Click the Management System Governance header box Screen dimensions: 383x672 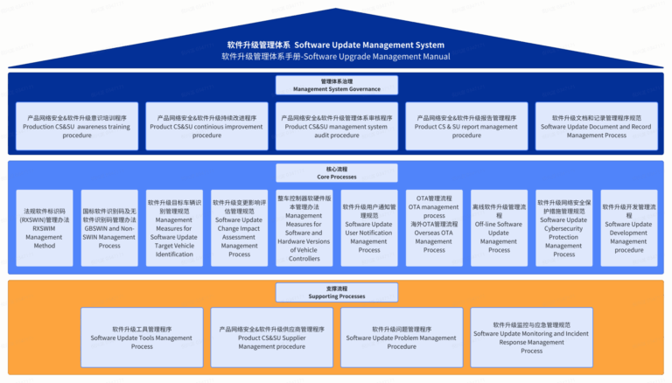tap(336, 85)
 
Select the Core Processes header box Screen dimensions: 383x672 tap(336, 172)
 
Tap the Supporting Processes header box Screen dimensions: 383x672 tap(336, 291)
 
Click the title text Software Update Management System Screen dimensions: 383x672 tap(336, 45)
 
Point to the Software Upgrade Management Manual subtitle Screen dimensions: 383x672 tap(336, 57)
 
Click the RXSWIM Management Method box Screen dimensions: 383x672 tap(45, 228)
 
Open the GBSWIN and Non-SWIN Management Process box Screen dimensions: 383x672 tap(109, 228)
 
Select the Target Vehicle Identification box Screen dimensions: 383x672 tap(174, 228)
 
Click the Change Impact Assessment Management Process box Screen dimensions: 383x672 tap(239, 228)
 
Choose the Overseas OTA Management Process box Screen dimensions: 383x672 tap(434, 228)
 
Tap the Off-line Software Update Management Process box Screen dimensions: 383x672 tap(499, 228)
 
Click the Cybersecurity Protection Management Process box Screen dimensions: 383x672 tap(564, 228)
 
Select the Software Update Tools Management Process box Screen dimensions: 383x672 tap(142, 337)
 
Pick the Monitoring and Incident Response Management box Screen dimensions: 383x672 tap(531, 337)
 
